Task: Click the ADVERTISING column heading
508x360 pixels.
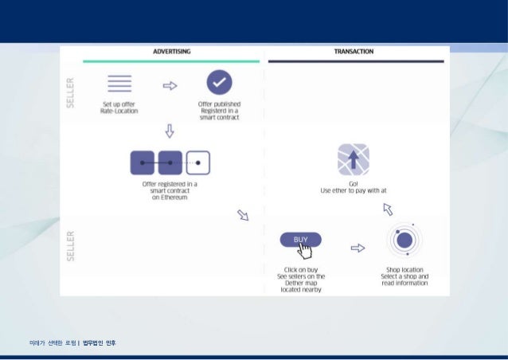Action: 171,52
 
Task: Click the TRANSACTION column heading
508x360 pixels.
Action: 354,52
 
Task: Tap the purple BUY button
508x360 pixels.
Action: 300,240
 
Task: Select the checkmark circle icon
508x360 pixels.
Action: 219,83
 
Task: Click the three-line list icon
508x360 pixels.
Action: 119,83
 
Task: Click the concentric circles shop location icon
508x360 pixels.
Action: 404,240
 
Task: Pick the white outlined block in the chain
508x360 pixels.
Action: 197,162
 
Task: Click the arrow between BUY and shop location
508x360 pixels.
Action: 358,248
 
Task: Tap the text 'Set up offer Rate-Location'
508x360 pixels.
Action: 119,108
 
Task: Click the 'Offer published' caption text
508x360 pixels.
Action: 219,104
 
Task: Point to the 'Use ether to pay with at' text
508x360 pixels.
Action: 353,191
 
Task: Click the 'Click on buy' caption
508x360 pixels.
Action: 300,270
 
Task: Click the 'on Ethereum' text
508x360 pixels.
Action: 170,197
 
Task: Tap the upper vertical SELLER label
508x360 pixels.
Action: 71,94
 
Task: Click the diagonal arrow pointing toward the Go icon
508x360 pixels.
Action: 388,209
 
